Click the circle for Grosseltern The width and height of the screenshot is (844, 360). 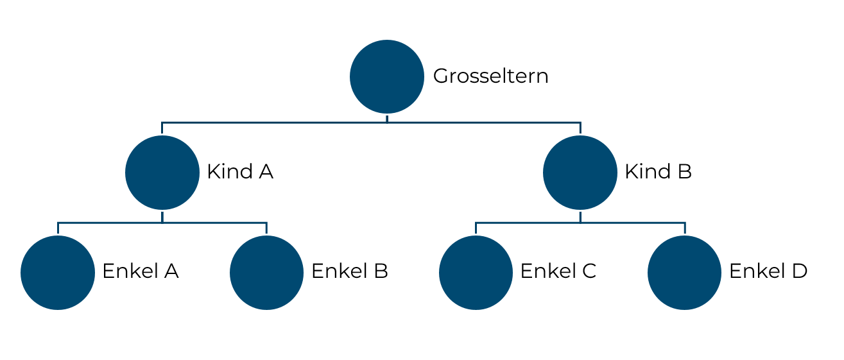click(387, 77)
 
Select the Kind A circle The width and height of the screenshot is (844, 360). click(162, 173)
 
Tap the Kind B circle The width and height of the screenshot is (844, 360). click(580, 173)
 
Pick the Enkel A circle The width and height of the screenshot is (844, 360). click(58, 273)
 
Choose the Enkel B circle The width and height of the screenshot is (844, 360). click(267, 273)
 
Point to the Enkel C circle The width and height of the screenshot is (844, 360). click(476, 273)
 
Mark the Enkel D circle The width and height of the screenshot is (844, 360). click(685, 273)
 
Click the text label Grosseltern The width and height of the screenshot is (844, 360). click(490, 76)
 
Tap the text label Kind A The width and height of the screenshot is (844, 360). click(240, 172)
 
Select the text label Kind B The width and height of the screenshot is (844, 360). click(659, 172)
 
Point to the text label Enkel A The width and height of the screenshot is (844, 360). click(141, 271)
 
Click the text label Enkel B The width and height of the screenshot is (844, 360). click(350, 271)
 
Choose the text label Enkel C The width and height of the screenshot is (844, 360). click(558, 271)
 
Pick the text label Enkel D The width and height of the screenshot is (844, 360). click(768, 271)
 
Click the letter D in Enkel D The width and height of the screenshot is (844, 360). click(800, 271)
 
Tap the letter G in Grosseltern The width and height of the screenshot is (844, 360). click(441, 76)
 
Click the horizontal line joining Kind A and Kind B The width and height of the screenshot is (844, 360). click(371, 123)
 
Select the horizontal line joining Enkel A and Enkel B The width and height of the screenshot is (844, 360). click(162, 223)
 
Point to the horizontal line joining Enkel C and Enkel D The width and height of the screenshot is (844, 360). click(580, 223)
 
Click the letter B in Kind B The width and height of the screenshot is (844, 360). click(685, 172)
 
